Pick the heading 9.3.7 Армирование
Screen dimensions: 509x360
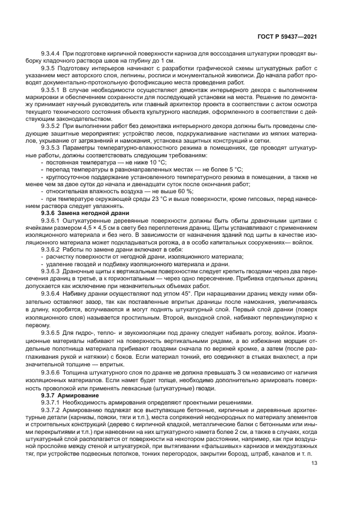pos(76,395)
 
